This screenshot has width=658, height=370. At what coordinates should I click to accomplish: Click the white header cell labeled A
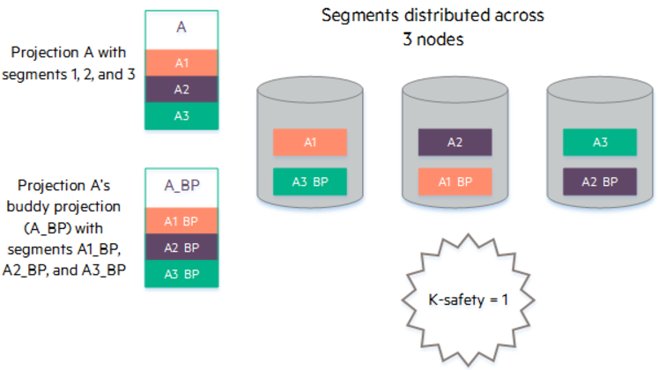tap(181, 28)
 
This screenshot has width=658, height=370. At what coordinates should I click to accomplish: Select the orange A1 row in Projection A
tap(181, 63)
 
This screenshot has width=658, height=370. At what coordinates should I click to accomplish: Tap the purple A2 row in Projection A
tap(181, 89)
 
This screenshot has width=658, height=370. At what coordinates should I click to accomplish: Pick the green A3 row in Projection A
tap(181, 115)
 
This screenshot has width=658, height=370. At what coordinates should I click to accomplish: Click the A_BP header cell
tap(181, 186)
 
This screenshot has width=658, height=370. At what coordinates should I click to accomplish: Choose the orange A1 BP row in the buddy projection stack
tap(181, 220)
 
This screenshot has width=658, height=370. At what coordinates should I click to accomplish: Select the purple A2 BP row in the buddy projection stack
tap(181, 247)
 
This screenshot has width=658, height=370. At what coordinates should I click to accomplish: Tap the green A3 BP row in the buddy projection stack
tap(181, 273)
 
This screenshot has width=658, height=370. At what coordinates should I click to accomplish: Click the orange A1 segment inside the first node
tap(310, 142)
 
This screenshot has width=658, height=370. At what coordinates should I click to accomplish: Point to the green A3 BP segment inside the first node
tap(310, 181)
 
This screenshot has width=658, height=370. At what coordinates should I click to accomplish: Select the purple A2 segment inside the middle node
tap(455, 142)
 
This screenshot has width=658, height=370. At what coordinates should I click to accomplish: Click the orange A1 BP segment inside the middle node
tap(455, 181)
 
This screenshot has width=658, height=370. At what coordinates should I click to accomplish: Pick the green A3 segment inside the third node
tap(600, 142)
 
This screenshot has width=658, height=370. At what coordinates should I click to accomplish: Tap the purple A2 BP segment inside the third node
tap(600, 181)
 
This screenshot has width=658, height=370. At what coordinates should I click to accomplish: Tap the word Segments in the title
tap(355, 16)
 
